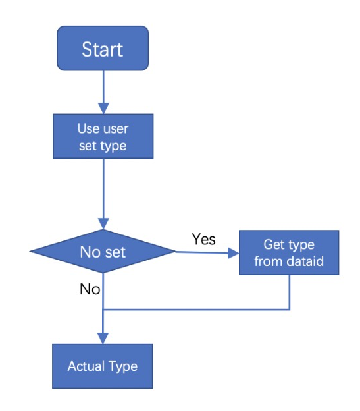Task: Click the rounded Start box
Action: click(103, 48)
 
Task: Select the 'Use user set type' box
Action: click(103, 136)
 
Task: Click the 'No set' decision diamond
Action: click(103, 251)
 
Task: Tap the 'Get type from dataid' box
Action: click(289, 252)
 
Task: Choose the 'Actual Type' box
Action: click(103, 366)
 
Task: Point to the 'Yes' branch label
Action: click(203, 239)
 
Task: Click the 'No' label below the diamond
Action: click(90, 288)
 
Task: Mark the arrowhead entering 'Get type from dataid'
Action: click(232, 252)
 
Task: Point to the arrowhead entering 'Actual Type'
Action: click(103, 339)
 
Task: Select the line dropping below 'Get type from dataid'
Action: click(290, 292)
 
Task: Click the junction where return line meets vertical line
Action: click(103, 309)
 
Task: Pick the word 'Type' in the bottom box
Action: click(123, 366)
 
